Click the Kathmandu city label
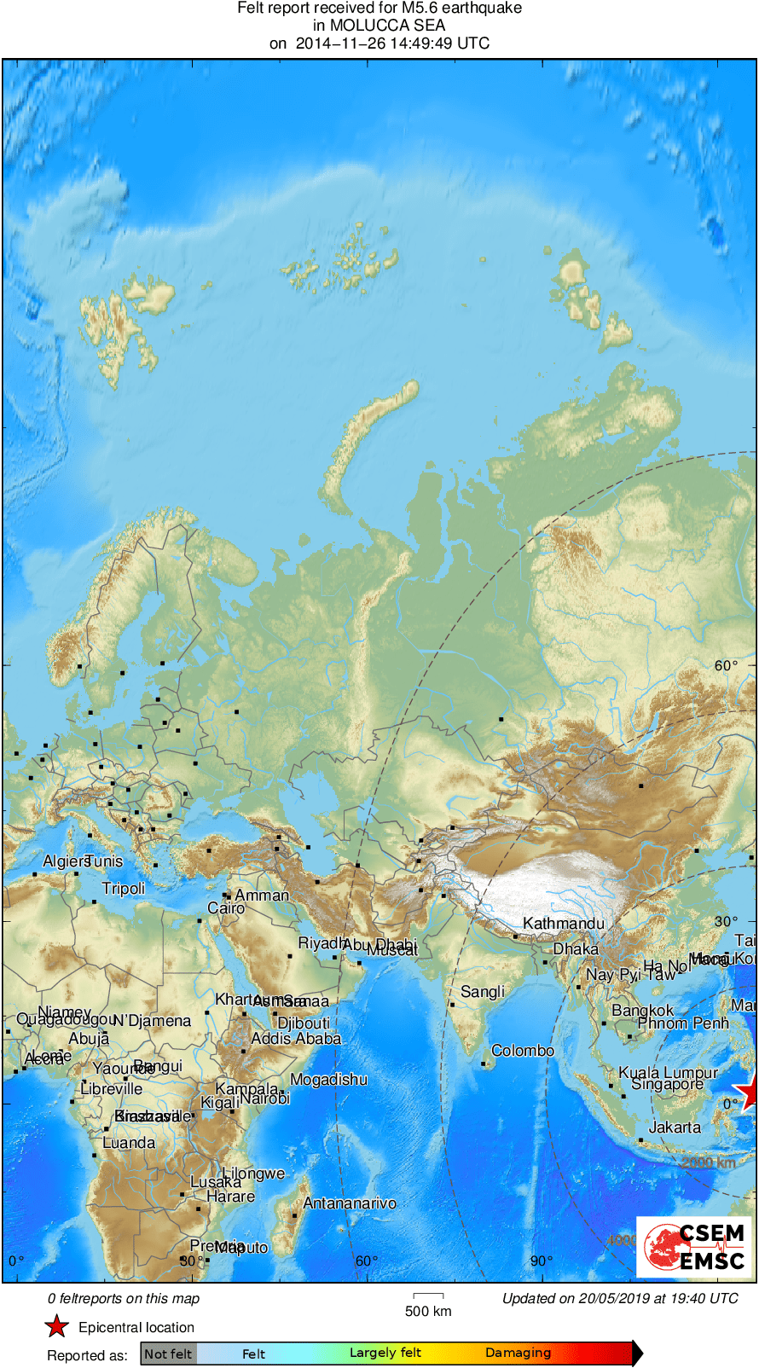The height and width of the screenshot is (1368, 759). pyautogui.click(x=563, y=924)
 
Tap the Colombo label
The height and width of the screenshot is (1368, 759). pyautogui.click(x=522, y=1051)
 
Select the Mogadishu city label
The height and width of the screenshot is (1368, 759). pyautogui.click(x=328, y=1080)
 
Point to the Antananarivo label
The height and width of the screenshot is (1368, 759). pyautogui.click(x=350, y=1203)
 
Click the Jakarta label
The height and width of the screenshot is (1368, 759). pyautogui.click(x=674, y=1127)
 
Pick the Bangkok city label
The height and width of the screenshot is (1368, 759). pyautogui.click(x=642, y=1011)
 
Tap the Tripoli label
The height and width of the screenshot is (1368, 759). pyautogui.click(x=124, y=889)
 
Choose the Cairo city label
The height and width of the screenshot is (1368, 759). pyautogui.click(x=226, y=908)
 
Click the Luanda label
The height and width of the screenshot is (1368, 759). pyautogui.click(x=129, y=1143)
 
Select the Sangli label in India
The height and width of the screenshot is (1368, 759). pyautogui.click(x=483, y=992)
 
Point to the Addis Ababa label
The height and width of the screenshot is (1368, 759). pyautogui.click(x=296, y=1039)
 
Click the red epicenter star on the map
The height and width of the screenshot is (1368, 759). pyautogui.click(x=748, y=1093)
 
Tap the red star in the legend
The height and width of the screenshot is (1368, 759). pyautogui.click(x=56, y=1327)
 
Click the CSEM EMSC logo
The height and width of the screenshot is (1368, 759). pyautogui.click(x=694, y=1247)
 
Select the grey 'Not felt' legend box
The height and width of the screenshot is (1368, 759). pyautogui.click(x=168, y=1354)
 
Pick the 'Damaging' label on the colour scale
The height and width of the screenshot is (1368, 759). pyautogui.click(x=518, y=1353)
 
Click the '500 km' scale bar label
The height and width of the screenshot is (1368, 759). pyautogui.click(x=428, y=1311)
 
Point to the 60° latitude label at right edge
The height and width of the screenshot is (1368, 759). pyautogui.click(x=726, y=665)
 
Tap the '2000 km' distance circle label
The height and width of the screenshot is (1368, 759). pyautogui.click(x=708, y=1162)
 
